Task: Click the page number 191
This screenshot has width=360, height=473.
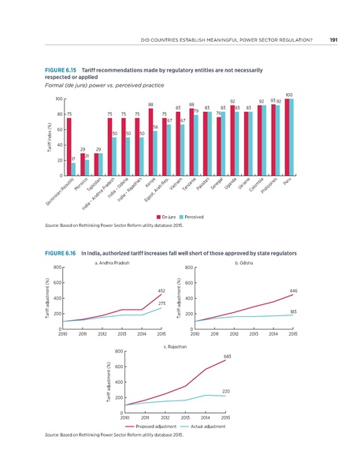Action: point(334,39)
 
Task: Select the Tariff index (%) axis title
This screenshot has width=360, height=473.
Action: point(49,133)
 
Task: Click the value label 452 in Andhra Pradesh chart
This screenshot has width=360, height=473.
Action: point(161,291)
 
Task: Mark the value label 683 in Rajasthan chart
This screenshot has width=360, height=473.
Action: point(226,356)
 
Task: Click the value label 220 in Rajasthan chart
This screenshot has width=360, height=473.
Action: point(225,390)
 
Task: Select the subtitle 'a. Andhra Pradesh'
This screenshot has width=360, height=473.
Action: point(111,263)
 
